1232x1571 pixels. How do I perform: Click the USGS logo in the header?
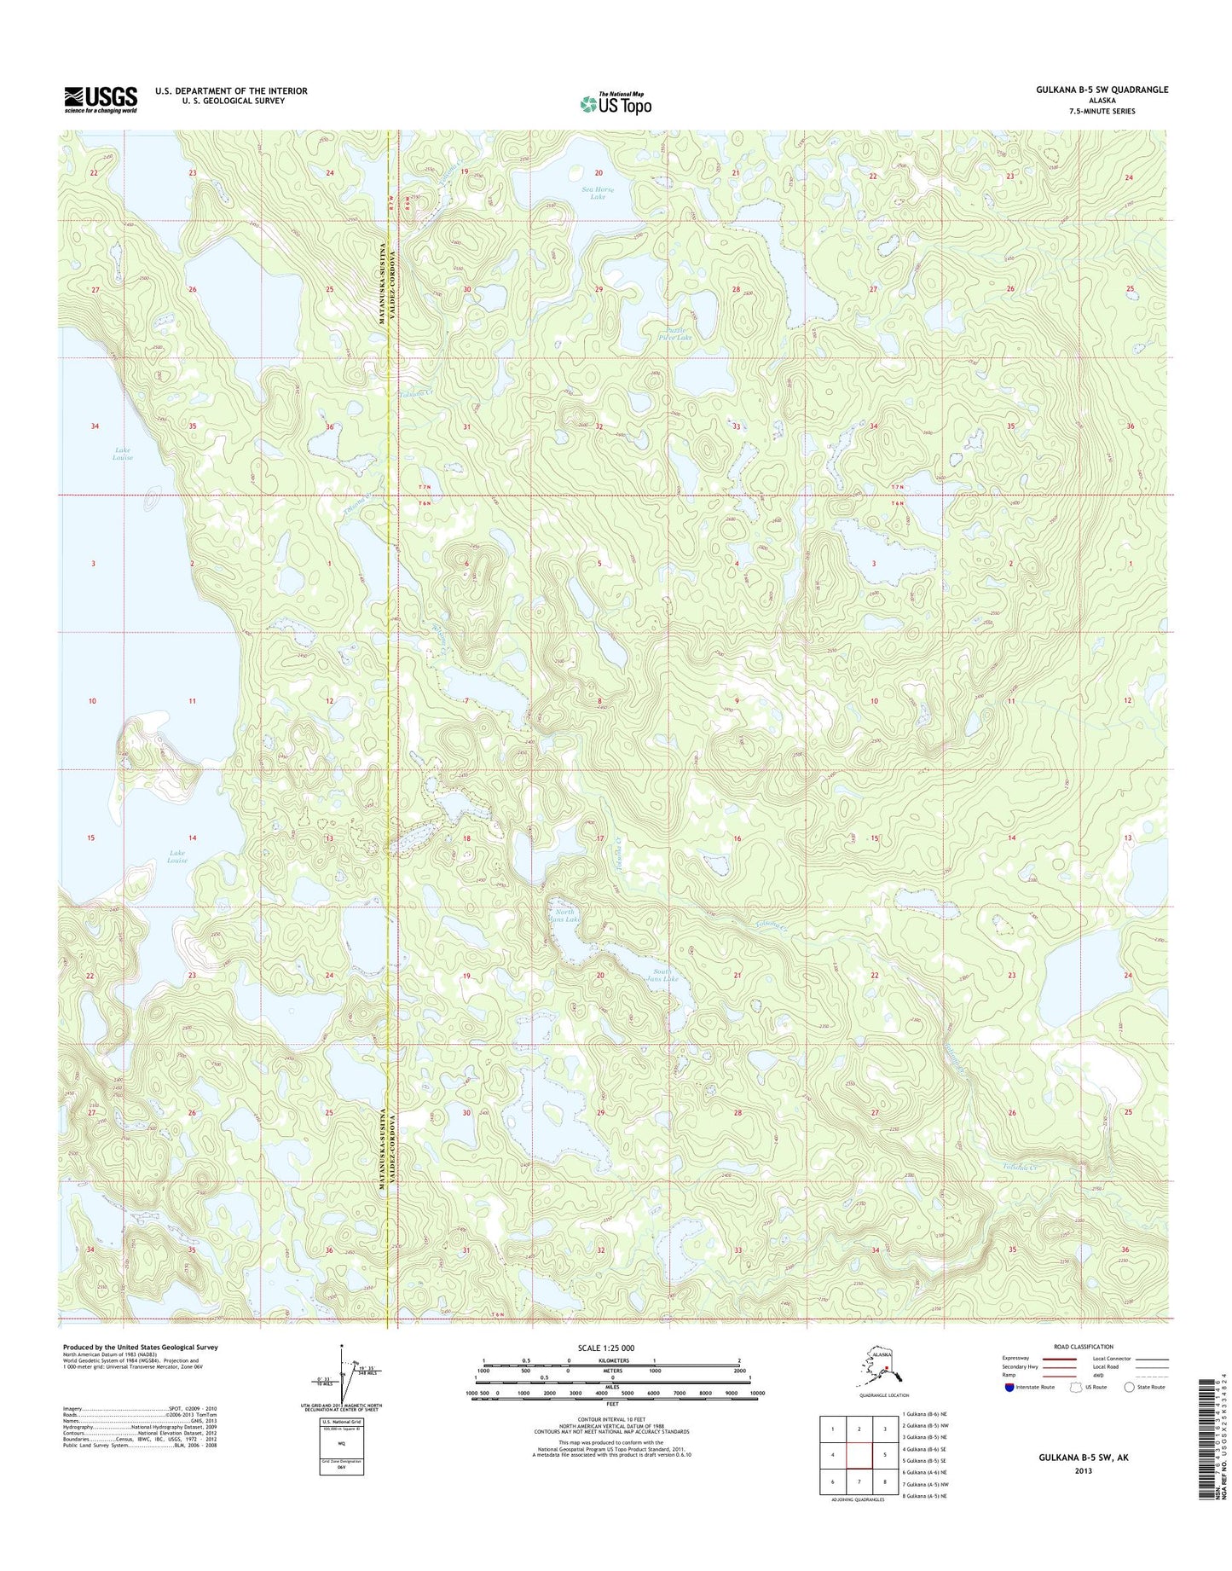101,99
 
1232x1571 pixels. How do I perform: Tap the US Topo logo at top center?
616,103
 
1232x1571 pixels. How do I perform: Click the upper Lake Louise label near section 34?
122,454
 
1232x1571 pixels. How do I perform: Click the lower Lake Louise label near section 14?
176,856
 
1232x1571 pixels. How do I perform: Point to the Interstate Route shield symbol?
1009,1387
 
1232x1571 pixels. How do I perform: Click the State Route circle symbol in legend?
1130,1387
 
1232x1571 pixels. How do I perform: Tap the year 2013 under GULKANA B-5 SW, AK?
1083,1470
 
